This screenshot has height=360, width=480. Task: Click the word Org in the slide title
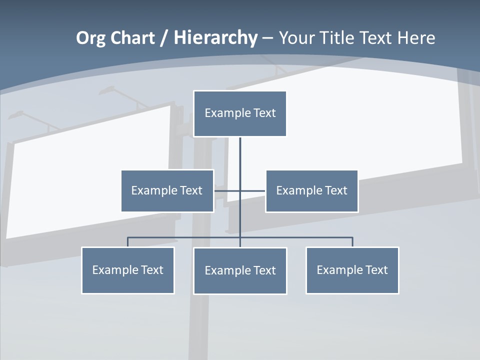(x=90, y=38)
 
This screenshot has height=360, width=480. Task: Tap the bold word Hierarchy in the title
(x=215, y=38)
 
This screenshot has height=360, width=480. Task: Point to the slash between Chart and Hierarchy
(x=164, y=38)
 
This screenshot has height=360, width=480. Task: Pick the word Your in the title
(x=298, y=38)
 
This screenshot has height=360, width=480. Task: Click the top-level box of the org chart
(x=240, y=113)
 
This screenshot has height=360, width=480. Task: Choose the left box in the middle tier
(x=167, y=190)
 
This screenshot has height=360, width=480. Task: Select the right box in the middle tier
(x=311, y=190)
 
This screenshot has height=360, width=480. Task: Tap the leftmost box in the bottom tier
(x=127, y=270)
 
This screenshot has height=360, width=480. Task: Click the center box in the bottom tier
(x=240, y=270)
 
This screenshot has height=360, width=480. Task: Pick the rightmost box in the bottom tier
(x=352, y=270)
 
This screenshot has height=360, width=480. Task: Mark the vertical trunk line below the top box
(x=240, y=160)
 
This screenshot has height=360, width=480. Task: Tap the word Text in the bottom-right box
(x=376, y=270)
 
